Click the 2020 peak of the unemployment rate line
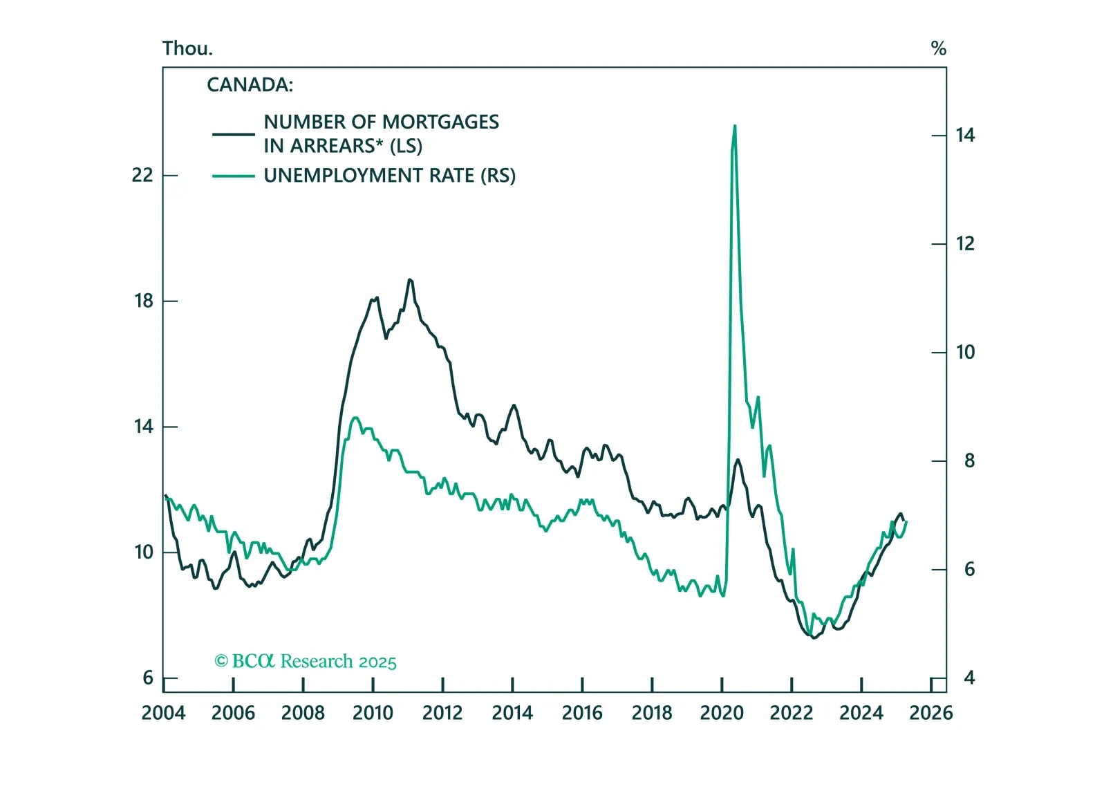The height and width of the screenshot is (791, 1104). click(x=734, y=127)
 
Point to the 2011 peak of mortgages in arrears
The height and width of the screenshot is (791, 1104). click(x=409, y=280)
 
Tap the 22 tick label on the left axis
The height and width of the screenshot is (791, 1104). click(x=142, y=175)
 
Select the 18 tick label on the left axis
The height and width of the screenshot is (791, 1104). click(x=144, y=301)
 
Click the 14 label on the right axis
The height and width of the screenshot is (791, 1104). click(x=965, y=135)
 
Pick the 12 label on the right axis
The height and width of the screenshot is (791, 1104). click(x=965, y=243)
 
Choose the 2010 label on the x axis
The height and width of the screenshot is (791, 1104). click(x=373, y=713)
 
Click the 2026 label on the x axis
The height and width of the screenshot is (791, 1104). click(x=930, y=713)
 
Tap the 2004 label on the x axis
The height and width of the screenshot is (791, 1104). click(x=163, y=713)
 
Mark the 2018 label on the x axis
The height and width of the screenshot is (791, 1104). click(x=652, y=713)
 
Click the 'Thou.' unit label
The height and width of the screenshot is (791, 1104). click(x=187, y=48)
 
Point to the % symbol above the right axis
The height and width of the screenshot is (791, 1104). click(x=938, y=48)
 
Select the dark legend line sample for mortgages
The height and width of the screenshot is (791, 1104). click(x=233, y=133)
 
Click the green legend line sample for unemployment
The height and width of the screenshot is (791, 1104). click(x=233, y=176)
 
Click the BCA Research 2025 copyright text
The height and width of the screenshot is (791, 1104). click(x=306, y=662)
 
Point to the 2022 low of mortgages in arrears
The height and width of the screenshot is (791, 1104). click(x=814, y=638)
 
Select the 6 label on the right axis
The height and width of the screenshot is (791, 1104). click(x=969, y=569)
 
